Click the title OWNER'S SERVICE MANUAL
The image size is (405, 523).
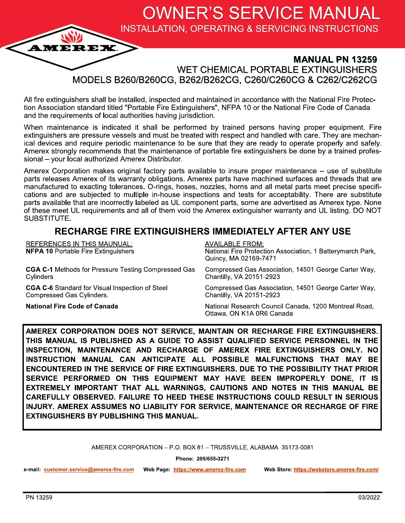pos(261,13)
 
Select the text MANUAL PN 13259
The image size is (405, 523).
pos(335,59)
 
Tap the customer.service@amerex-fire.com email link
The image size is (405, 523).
pos(89,470)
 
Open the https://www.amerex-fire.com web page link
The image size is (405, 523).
pos(209,470)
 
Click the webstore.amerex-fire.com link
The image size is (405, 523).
pos(336,470)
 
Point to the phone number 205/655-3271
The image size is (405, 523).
pos(213,459)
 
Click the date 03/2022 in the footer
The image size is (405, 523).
pos(369,498)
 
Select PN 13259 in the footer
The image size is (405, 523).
pos(39,498)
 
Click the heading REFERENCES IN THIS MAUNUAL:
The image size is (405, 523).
pos(79,244)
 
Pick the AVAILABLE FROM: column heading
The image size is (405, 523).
pos(234,244)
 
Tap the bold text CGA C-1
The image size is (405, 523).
pos(39,270)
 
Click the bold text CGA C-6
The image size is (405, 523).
pos(39,288)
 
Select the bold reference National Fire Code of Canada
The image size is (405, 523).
pos(72,306)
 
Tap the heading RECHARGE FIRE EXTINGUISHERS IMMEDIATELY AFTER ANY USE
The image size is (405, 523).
pos(202,231)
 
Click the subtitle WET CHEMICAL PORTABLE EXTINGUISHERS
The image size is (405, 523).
pos(277,70)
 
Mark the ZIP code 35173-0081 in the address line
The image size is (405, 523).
pos(297,448)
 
